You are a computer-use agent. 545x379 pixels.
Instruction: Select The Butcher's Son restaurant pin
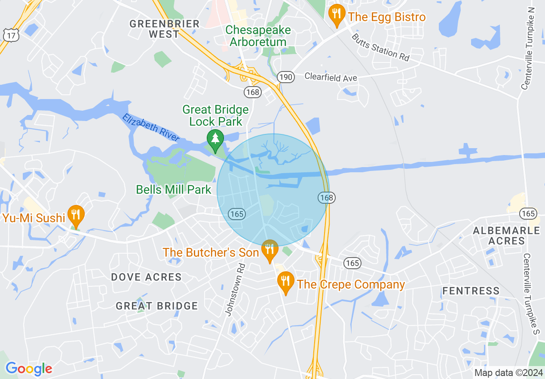pos(269,250)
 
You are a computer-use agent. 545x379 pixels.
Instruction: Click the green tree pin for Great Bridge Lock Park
pos(215,140)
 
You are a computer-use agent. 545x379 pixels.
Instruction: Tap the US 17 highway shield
pos(10,35)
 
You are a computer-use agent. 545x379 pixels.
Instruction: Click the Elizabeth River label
pos(151,127)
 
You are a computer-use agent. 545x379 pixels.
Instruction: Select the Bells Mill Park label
pos(174,189)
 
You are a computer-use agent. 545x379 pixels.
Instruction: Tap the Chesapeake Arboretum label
pos(258,36)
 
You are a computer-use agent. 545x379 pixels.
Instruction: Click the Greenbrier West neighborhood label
pos(164,29)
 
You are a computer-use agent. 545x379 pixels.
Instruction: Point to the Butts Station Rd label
pos(381,47)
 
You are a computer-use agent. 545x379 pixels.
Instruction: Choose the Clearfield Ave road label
pos(331,77)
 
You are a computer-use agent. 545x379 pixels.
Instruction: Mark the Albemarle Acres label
pos(506,235)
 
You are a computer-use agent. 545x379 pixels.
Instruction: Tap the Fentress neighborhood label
pos(471,291)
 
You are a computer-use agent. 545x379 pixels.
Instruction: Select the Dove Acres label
pos(147,277)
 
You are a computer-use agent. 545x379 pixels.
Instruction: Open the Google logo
pos(29,369)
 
